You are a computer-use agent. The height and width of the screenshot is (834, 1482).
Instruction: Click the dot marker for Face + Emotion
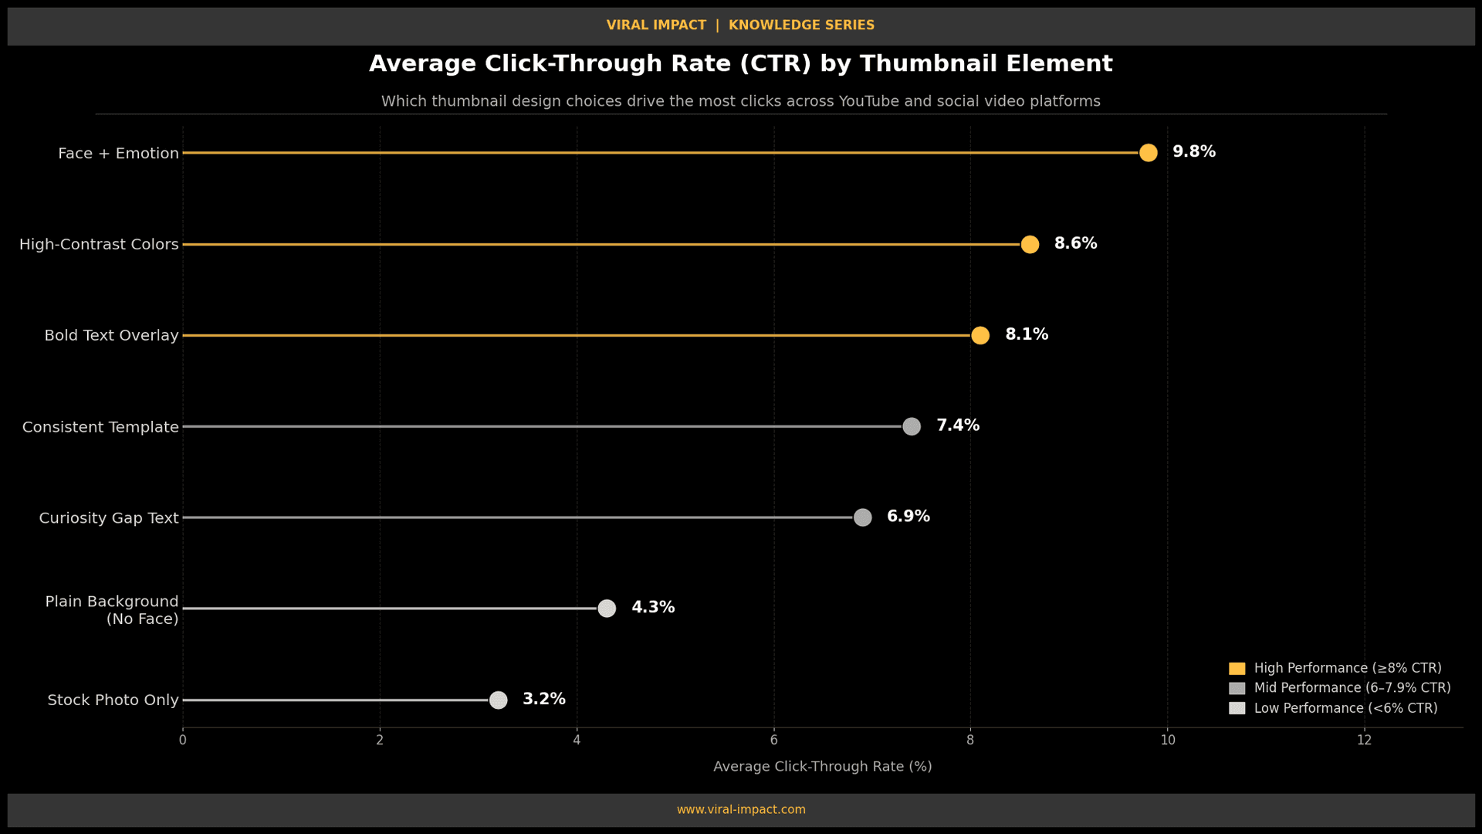[x=1148, y=153]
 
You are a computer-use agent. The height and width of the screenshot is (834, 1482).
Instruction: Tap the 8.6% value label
[x=1075, y=244]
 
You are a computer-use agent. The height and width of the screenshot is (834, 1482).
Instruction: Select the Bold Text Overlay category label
[x=111, y=335]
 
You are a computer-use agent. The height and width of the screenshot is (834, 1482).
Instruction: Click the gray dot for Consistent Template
[x=911, y=426]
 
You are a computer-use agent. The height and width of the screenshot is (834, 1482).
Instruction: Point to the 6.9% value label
[x=908, y=517]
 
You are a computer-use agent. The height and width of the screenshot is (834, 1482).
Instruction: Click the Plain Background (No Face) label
[x=112, y=609]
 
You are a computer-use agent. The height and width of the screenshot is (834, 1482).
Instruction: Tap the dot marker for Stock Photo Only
[x=498, y=700]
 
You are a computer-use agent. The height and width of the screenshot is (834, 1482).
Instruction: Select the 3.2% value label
[x=543, y=699]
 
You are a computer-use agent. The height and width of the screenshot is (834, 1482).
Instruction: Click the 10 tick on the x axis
[x=1167, y=741]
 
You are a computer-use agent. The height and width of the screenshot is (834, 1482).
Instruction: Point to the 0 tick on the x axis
[x=183, y=741]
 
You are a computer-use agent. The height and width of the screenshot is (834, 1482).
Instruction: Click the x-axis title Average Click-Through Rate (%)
[x=822, y=767]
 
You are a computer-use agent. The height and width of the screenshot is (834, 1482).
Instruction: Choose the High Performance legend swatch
[x=1237, y=669]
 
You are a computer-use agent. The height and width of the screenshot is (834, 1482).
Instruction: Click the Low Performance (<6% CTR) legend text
[x=1345, y=708]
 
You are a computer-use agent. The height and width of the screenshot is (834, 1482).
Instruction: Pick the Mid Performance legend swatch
[x=1237, y=688]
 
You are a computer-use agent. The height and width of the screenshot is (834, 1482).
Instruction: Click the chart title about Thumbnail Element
[x=740, y=64]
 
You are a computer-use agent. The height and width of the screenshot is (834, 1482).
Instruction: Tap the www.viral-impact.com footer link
[x=741, y=809]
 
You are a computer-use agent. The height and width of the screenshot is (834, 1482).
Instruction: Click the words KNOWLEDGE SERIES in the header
[x=801, y=25]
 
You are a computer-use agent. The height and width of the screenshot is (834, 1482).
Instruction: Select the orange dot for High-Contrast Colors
[x=1029, y=244]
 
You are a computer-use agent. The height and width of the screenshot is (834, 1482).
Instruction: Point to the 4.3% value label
[x=653, y=608]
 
